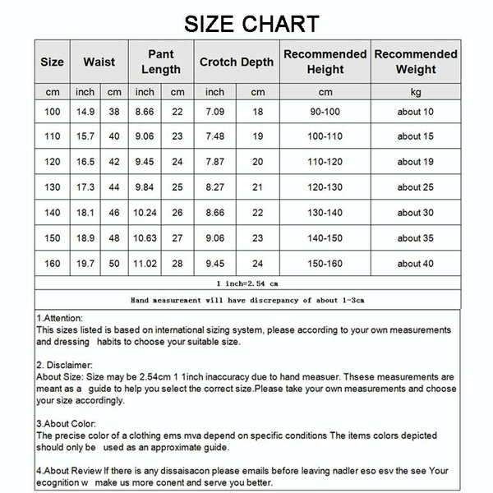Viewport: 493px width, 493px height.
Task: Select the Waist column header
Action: tap(99, 62)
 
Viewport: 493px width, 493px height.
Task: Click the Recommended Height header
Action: tap(325, 62)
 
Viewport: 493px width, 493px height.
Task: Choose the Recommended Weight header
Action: tap(416, 62)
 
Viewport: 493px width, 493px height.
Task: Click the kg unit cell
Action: tap(416, 91)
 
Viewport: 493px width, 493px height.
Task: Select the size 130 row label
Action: tap(52, 187)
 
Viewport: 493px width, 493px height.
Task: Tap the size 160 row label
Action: tap(52, 264)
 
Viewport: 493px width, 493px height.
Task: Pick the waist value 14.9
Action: tap(85, 112)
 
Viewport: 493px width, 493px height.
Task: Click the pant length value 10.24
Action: tap(145, 213)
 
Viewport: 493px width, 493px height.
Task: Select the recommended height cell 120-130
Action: tap(325, 187)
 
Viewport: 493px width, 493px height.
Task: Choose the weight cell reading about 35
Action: tap(416, 238)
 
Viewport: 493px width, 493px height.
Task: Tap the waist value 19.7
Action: tap(85, 264)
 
